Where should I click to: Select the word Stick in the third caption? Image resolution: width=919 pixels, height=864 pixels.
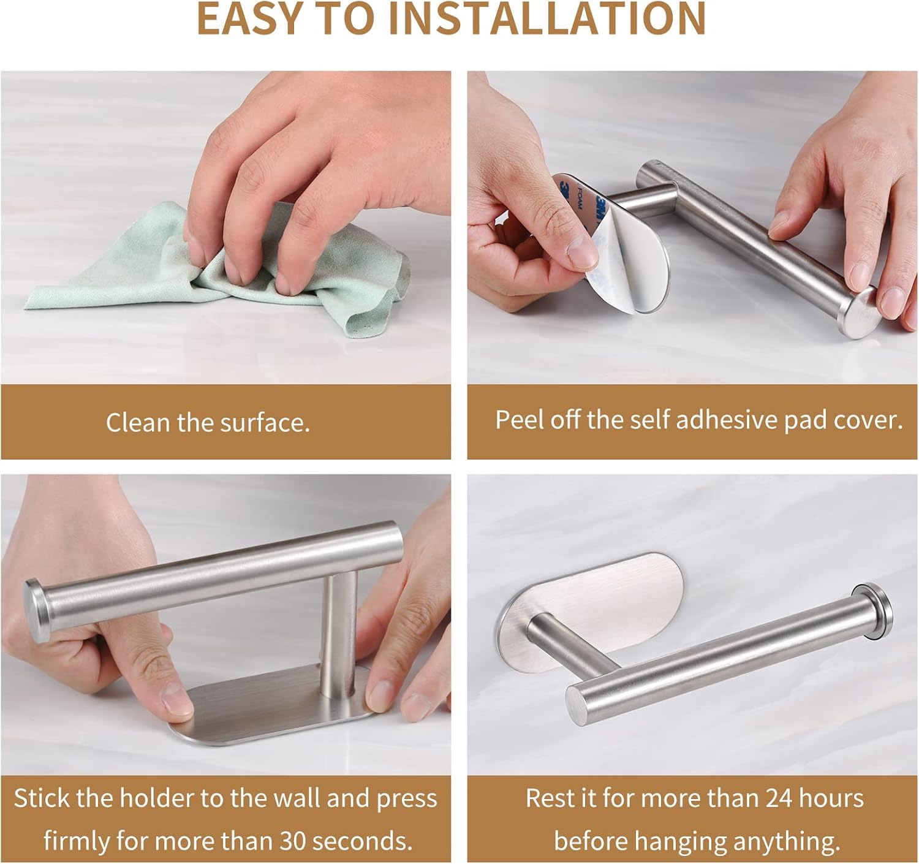(x=42, y=798)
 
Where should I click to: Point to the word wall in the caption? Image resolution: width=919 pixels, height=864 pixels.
(x=297, y=798)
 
